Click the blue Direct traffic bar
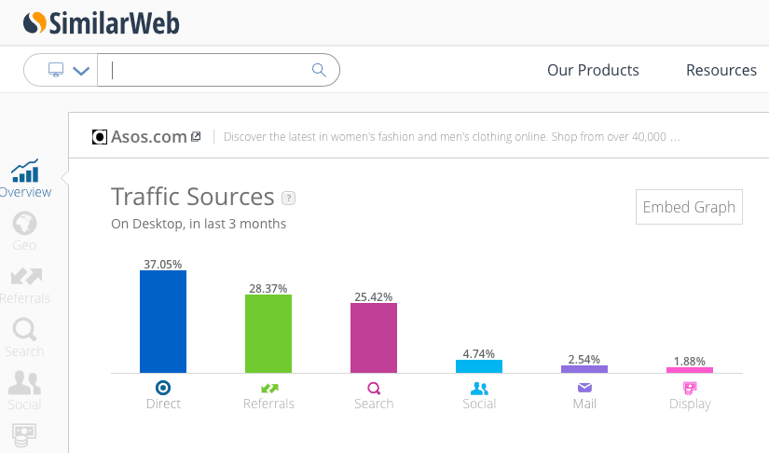click(163, 322)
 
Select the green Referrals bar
click(268, 334)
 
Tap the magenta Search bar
click(374, 337)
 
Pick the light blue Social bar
click(479, 366)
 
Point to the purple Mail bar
click(584, 369)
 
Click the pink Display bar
click(690, 370)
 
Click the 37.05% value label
click(163, 264)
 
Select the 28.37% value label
click(268, 288)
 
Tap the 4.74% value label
click(479, 353)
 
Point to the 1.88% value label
click(690, 361)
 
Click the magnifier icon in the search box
click(319, 70)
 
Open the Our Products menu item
click(593, 70)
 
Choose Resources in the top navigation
click(721, 70)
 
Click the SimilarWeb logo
click(102, 22)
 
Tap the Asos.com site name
click(149, 137)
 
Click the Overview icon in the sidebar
click(25, 172)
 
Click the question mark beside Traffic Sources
click(289, 198)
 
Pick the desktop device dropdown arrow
click(81, 71)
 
